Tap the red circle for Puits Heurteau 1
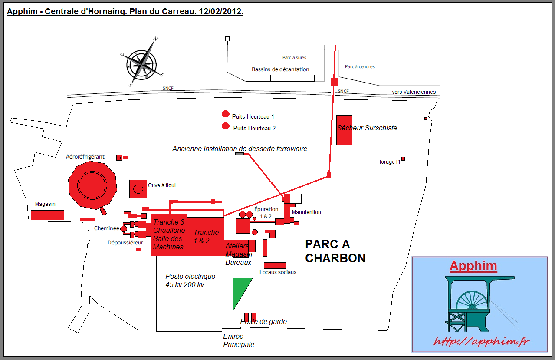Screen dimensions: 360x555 (x=226, y=114)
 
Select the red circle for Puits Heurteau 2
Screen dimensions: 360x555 (x=226, y=126)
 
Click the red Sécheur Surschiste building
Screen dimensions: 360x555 (x=344, y=130)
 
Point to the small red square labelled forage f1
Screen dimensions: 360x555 (x=403, y=159)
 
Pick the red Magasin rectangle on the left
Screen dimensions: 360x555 (x=47, y=215)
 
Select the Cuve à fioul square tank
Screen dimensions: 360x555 (x=138, y=188)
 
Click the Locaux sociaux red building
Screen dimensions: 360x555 (x=275, y=265)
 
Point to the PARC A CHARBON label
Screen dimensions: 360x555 (x=335, y=251)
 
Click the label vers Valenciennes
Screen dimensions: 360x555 (x=414, y=92)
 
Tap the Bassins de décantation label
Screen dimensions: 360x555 (x=280, y=69)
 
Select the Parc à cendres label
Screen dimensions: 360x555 (x=360, y=67)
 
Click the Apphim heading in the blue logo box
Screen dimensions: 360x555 (x=473, y=266)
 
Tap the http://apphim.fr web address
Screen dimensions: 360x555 (x=481, y=341)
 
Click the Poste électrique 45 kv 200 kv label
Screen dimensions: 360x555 (x=190, y=281)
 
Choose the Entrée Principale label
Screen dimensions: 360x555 (x=239, y=340)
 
